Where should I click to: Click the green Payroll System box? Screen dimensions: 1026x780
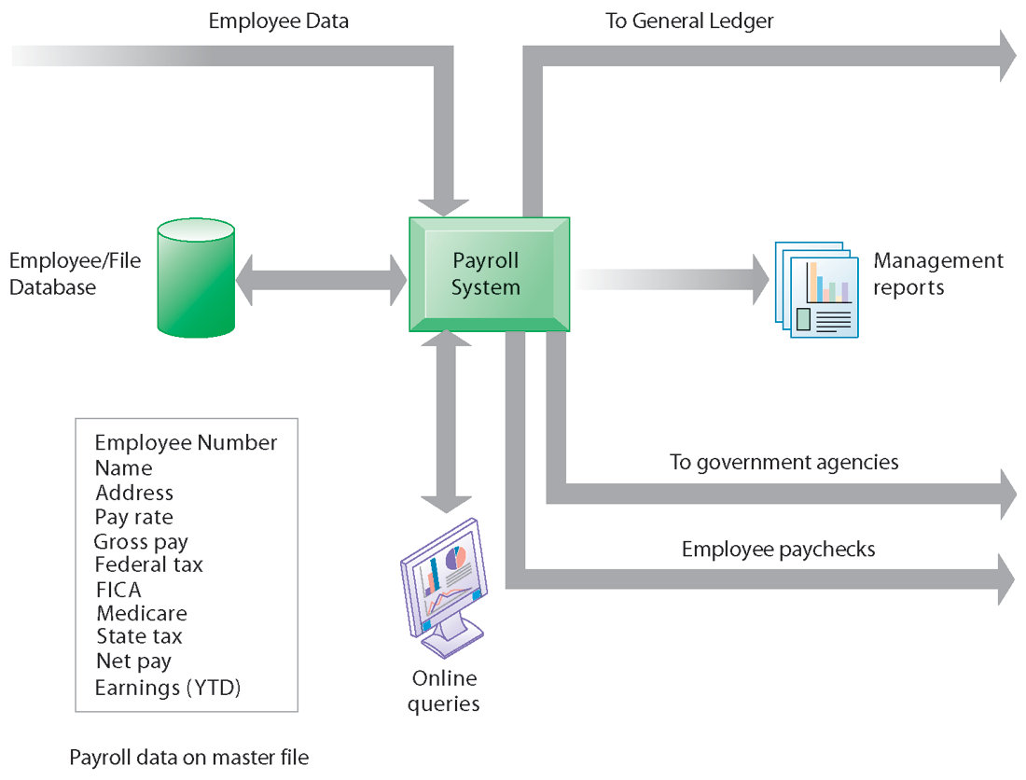[490, 274]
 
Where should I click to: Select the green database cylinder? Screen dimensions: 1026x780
[196, 278]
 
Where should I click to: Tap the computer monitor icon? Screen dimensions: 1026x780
[444, 588]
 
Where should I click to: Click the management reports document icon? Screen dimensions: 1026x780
[817, 289]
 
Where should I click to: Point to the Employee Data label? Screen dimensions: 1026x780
[279, 21]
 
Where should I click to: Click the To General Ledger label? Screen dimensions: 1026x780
[689, 21]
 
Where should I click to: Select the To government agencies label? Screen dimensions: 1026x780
[783, 463]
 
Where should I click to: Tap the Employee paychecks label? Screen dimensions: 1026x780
[779, 549]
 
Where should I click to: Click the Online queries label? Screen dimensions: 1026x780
[444, 691]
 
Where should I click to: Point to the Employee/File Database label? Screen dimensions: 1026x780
[76, 273]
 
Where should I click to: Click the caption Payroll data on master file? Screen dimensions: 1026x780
[189, 757]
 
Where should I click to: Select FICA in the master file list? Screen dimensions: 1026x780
[118, 590]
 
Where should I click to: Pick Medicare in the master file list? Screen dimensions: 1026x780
[142, 613]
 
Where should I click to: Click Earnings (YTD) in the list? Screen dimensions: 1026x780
[168, 688]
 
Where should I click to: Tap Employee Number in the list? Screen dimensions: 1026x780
[186, 442]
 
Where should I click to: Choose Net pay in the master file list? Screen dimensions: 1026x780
[133, 662]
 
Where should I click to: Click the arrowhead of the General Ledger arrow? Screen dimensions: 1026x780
[1008, 56]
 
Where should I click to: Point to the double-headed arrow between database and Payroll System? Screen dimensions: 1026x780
[321, 280]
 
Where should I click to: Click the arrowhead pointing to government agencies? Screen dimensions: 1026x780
[1008, 494]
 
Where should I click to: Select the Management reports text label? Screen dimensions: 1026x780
[938, 273]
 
